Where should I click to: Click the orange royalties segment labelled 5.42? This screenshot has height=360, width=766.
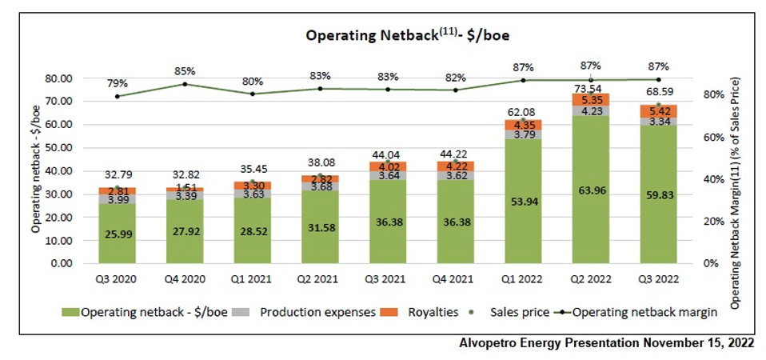(658, 111)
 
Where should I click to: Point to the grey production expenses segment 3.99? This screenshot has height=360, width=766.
(118, 199)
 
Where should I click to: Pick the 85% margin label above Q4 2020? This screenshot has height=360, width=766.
(185, 70)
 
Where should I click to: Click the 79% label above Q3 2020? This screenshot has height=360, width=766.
(118, 83)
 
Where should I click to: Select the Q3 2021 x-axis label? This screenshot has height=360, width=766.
(388, 280)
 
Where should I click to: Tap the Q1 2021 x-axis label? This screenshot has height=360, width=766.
(253, 280)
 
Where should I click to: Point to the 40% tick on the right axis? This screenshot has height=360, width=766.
(712, 178)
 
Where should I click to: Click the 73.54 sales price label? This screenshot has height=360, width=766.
(590, 84)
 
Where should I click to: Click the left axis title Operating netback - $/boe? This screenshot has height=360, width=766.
(37, 170)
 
